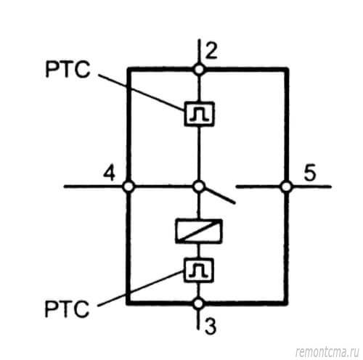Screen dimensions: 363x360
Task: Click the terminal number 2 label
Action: click(211, 51)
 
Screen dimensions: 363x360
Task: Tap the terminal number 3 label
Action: click(211, 326)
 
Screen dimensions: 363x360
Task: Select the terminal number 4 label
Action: click(109, 173)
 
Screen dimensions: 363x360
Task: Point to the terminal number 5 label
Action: click(310, 173)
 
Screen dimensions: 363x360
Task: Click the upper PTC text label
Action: click(68, 70)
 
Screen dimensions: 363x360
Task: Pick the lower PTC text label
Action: click(67, 308)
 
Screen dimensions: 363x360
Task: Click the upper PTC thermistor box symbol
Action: click(199, 114)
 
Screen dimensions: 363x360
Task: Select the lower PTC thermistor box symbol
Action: click(199, 270)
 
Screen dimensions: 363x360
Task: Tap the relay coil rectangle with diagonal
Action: click(199, 231)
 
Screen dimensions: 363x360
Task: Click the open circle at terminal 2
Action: click(199, 70)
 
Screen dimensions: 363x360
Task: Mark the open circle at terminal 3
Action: click(199, 303)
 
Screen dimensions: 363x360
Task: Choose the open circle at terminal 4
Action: click(128, 187)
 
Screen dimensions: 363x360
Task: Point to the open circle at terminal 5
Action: click(287, 187)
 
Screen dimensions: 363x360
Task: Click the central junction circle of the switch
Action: click(199, 187)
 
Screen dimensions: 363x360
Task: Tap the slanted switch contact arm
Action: click(219, 196)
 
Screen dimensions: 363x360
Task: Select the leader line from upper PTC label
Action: click(142, 92)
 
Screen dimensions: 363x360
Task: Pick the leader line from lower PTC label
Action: click(141, 288)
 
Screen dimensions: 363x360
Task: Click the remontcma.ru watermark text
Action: click(327, 353)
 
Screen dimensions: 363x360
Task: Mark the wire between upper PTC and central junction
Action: click(199, 154)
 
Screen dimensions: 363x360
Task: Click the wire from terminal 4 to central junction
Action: click(163, 187)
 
